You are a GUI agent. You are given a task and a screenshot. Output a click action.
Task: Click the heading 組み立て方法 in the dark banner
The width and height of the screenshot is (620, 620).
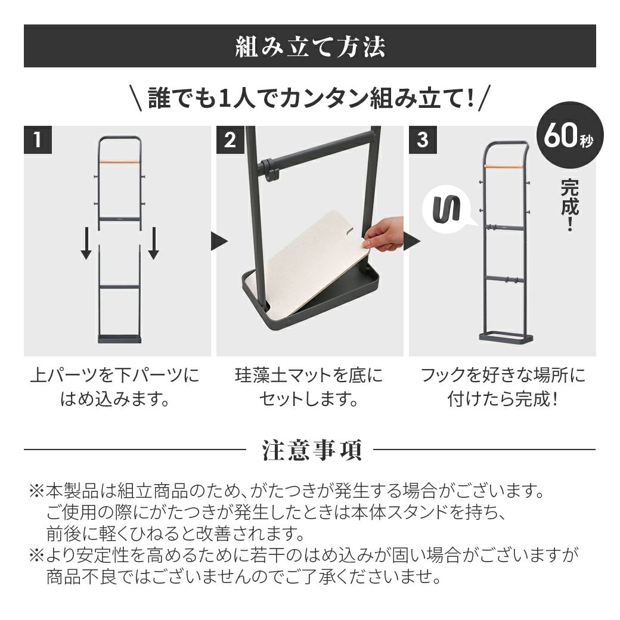point(310,47)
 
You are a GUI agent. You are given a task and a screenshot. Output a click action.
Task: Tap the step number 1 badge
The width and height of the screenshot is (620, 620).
point(38,139)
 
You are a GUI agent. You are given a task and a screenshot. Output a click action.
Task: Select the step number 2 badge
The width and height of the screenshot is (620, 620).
point(230,139)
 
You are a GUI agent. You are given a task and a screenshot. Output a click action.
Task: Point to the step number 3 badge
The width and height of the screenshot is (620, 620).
point(423,139)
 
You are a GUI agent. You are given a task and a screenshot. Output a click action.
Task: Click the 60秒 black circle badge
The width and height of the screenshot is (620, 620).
point(570,136)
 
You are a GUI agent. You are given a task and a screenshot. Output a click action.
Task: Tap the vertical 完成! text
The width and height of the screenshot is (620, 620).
point(569,205)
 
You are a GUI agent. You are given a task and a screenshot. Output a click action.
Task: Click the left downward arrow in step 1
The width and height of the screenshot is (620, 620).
point(86,243)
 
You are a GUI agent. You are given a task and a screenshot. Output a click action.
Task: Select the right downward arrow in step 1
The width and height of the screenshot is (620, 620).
point(153,243)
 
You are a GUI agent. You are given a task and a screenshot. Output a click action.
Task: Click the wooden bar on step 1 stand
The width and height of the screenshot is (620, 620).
point(120,162)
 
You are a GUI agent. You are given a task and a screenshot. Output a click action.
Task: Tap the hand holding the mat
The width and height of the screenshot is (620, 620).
point(383,234)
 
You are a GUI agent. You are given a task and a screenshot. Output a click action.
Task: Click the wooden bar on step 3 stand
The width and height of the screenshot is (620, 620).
point(504,166)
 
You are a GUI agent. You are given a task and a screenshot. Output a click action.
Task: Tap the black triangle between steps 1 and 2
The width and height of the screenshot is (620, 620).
point(219,241)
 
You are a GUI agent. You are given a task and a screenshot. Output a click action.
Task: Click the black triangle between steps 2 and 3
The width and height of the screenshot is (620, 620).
point(411,241)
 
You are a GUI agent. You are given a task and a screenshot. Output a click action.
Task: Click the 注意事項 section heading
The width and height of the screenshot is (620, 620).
point(311,450)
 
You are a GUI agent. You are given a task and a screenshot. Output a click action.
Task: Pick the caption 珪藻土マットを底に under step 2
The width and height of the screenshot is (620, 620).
point(309,375)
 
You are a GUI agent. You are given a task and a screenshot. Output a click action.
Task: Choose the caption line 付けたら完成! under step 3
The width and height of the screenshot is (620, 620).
point(503,399)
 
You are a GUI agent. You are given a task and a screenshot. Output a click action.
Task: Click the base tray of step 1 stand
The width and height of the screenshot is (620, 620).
point(120,339)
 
